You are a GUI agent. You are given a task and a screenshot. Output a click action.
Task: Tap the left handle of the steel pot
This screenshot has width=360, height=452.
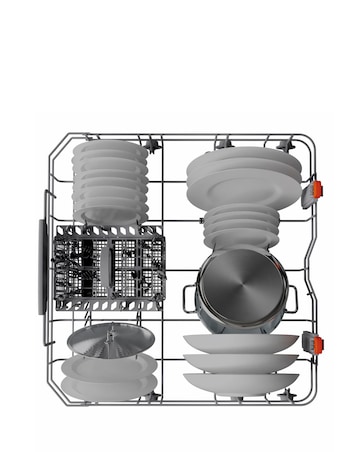188,296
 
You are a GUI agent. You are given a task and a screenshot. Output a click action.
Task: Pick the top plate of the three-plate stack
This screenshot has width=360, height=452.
240,343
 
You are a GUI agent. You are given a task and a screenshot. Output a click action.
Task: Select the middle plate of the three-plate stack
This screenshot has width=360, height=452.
240,361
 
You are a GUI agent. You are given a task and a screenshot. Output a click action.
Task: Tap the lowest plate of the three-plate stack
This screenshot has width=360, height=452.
240,379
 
